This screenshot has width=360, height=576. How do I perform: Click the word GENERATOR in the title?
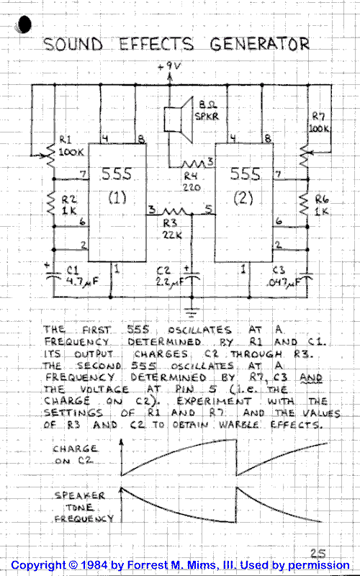[x=260, y=44]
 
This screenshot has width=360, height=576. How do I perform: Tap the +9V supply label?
[x=169, y=66]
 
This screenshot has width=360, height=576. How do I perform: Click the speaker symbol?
[x=179, y=119]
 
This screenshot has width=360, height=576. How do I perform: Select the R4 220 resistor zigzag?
[x=194, y=164]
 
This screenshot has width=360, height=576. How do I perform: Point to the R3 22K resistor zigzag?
[x=174, y=212]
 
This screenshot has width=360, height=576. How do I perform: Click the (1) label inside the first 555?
[x=117, y=198]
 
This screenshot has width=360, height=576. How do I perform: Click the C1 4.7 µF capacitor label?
[x=83, y=276]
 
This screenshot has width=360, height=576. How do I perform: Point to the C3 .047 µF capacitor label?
[x=282, y=276]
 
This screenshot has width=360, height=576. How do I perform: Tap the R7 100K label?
[x=319, y=122]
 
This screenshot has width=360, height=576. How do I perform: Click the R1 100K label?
[x=71, y=146]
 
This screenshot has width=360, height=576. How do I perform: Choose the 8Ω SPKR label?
[x=207, y=111]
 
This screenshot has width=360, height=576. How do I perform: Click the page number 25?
[x=318, y=553]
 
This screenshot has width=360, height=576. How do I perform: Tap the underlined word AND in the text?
[x=310, y=377]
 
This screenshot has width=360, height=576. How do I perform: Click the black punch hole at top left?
[x=23, y=24]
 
